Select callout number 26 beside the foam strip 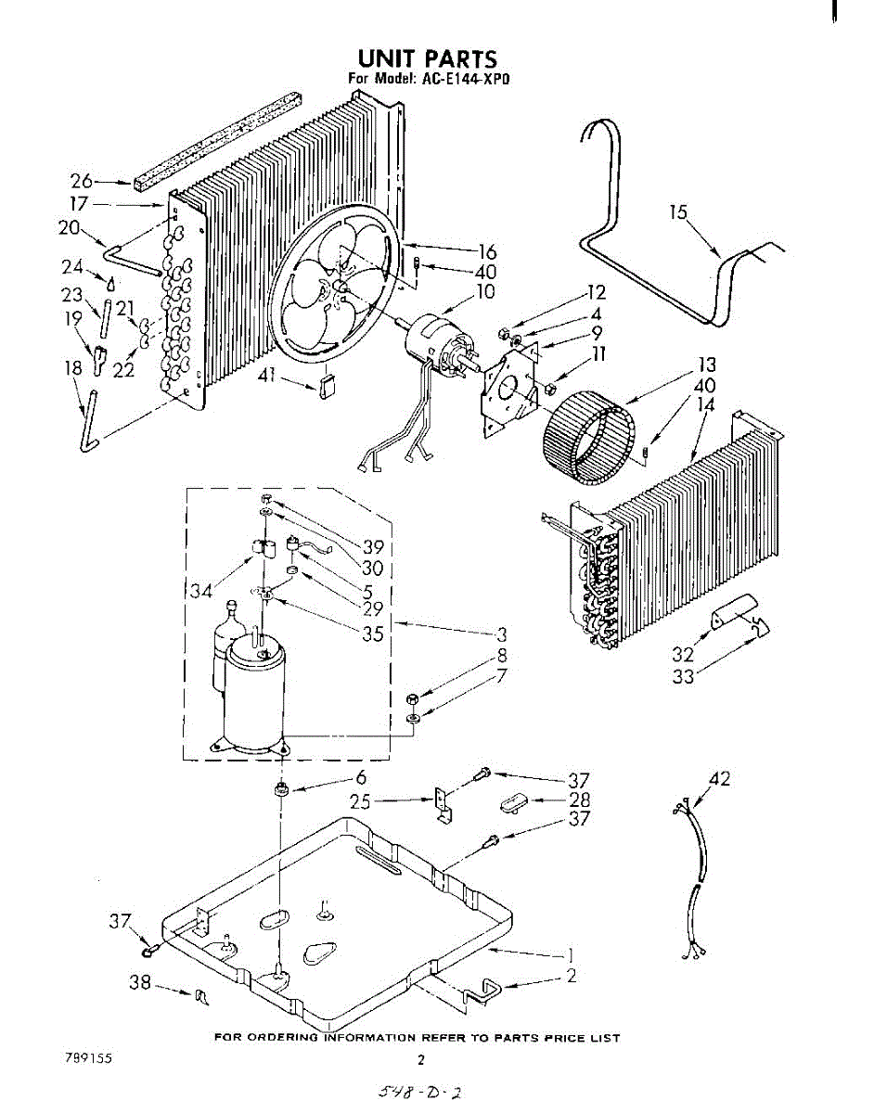point(82,182)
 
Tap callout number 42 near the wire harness point(718,779)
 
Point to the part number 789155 point(88,1058)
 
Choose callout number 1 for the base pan point(572,954)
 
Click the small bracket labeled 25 point(443,804)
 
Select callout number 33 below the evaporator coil point(683,676)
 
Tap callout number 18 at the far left point(72,369)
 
